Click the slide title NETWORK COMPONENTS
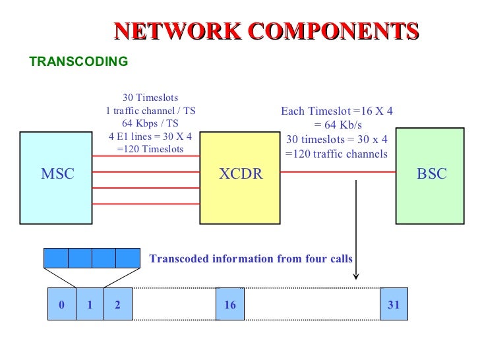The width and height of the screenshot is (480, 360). (266, 31)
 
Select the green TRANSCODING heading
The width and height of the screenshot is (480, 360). (78, 61)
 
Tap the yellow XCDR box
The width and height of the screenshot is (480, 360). (240, 174)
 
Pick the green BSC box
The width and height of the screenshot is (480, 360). (432, 174)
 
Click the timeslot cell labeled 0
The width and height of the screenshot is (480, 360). (62, 305)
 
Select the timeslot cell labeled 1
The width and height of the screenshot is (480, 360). (90, 305)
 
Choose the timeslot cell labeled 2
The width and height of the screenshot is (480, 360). (117, 305)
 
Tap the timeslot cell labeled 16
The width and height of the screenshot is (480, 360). (230, 305)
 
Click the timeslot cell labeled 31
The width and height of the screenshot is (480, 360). (394, 305)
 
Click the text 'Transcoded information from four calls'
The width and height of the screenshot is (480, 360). (251, 259)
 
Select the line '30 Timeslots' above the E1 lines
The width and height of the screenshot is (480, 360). (150, 98)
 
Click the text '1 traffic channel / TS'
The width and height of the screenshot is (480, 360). (150, 111)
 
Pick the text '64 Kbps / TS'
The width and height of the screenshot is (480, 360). (150, 123)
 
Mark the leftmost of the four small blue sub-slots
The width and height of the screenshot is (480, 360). (55, 258)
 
